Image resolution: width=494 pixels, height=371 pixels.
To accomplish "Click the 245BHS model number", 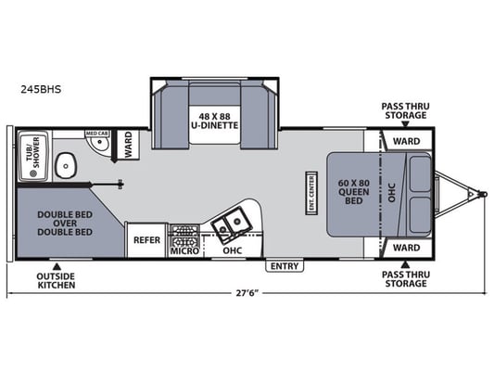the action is pyautogui.click(x=41, y=90).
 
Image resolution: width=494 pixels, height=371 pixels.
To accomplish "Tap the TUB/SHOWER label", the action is pyautogui.click(x=33, y=152).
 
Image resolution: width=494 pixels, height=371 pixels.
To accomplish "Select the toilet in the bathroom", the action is pyautogui.click(x=66, y=165).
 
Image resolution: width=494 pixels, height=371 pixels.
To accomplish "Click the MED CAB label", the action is pyautogui.click(x=97, y=134).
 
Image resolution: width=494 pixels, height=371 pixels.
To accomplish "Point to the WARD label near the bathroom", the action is pyautogui.click(x=128, y=145).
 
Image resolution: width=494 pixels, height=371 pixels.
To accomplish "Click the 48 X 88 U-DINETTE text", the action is pyautogui.click(x=214, y=122).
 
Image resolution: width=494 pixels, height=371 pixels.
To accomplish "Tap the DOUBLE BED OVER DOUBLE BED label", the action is pyautogui.click(x=65, y=224).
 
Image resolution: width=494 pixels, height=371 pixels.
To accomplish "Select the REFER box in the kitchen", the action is pyautogui.click(x=146, y=240).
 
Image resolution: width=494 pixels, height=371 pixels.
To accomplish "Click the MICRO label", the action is pyautogui.click(x=184, y=251).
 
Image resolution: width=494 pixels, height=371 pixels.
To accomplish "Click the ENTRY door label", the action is pyautogui.click(x=285, y=266).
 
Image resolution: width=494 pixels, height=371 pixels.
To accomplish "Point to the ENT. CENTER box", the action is pyautogui.click(x=311, y=193).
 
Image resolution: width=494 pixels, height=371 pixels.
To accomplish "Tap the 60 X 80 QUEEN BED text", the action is pyautogui.click(x=353, y=192).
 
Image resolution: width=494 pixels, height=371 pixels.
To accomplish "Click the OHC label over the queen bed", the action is pyautogui.click(x=392, y=192).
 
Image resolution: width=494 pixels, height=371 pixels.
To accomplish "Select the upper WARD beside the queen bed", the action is pyautogui.click(x=407, y=141).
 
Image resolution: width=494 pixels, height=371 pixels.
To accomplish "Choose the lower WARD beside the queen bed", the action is pyautogui.click(x=407, y=248).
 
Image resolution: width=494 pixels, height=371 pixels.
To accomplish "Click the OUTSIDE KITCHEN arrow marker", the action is pyautogui.click(x=57, y=265).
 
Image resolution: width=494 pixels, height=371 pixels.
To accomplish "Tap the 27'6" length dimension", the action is pyautogui.click(x=247, y=293).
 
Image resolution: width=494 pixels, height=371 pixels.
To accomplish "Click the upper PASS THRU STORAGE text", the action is pyautogui.click(x=405, y=110).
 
